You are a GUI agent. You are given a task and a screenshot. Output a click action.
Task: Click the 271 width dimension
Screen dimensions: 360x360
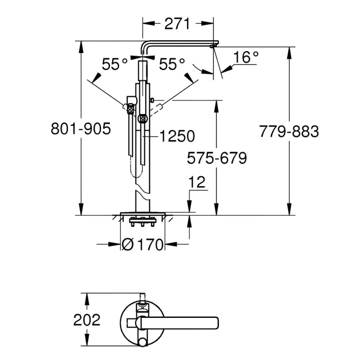point(177,24)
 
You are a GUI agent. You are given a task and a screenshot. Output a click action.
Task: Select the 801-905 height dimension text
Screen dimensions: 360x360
point(81,129)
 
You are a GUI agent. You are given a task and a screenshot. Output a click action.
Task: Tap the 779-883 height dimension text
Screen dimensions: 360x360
point(289,131)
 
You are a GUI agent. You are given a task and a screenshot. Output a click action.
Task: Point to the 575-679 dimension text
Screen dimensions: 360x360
point(217,158)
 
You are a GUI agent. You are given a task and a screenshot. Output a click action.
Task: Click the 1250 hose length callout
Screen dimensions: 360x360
point(177,136)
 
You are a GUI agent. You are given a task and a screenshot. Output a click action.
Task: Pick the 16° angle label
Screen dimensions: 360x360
point(246,57)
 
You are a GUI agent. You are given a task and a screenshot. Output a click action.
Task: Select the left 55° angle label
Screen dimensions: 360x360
point(114,64)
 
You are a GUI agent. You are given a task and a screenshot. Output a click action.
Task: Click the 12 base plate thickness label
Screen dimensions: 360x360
point(197,182)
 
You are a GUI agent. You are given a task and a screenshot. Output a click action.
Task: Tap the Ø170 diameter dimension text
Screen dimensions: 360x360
point(142,244)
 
